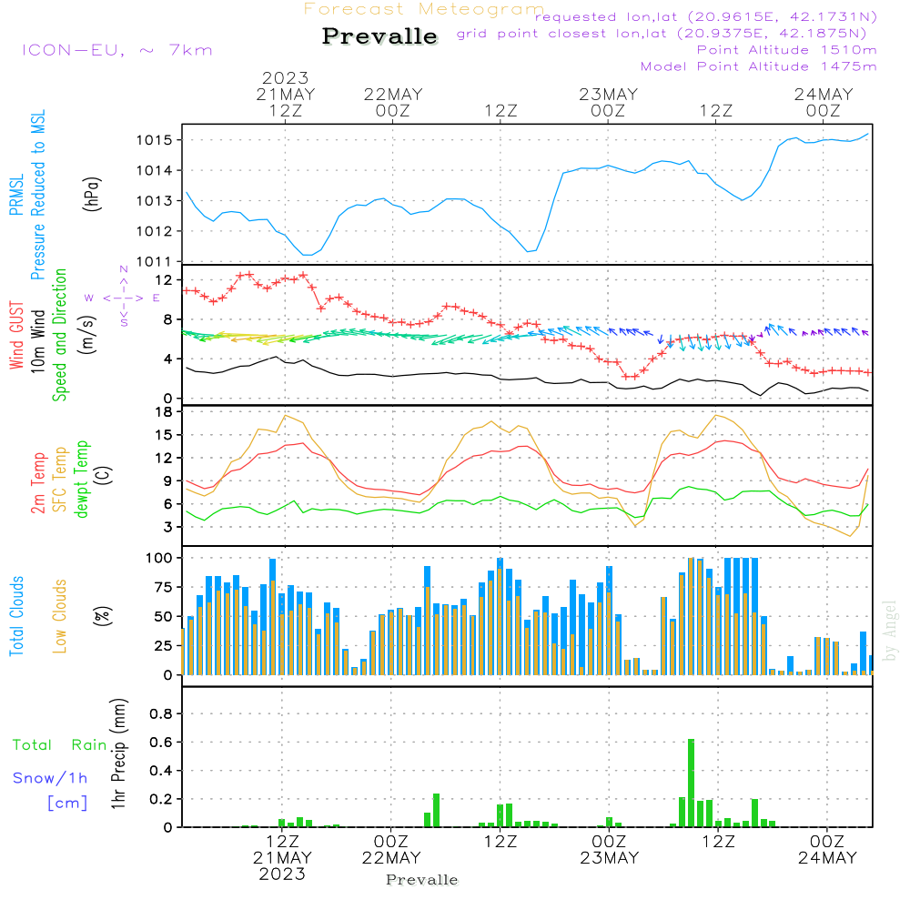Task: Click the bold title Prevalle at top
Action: click(379, 36)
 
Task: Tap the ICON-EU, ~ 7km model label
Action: click(116, 50)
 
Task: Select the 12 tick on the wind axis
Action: click(164, 279)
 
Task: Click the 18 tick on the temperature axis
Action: click(164, 411)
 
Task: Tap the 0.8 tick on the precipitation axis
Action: click(161, 714)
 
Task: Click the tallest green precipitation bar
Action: click(692, 783)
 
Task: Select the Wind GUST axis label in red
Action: click(17, 337)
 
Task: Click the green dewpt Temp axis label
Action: click(83, 479)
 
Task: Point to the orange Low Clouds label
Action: click(61, 616)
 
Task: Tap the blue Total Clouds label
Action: click(17, 616)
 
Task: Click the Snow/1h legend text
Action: click(50, 778)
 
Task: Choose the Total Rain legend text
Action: click(59, 744)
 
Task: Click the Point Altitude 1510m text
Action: click(786, 50)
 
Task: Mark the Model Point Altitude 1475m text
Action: click(758, 66)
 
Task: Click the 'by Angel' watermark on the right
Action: click(890, 631)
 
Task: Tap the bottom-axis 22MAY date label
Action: click(391, 858)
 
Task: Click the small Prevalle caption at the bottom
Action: click(421, 880)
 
